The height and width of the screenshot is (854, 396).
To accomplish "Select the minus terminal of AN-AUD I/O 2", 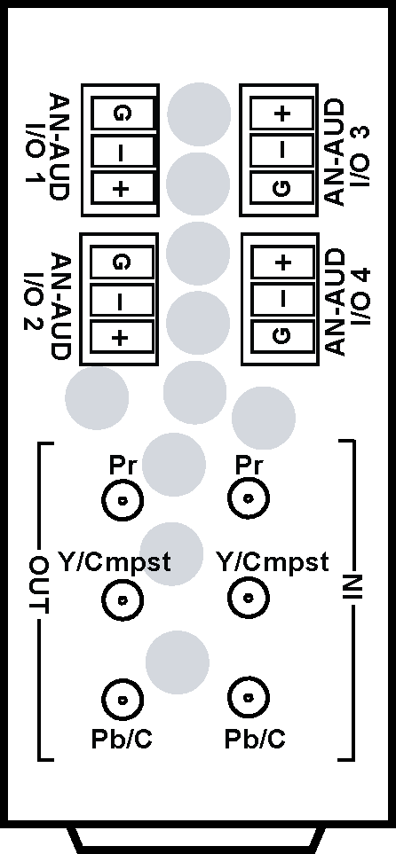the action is click(121, 299).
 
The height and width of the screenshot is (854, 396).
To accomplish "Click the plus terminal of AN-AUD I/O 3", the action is click(282, 114).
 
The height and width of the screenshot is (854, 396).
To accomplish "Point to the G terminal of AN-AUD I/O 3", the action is click(282, 188).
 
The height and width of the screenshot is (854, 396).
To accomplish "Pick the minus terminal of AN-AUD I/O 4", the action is click(282, 299).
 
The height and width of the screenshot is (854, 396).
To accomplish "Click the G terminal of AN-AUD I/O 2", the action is click(121, 262).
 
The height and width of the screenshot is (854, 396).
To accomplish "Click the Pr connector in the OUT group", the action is click(123, 499).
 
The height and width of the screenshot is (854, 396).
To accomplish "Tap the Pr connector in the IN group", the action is click(249, 498).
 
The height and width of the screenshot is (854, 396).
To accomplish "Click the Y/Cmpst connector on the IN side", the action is click(249, 598).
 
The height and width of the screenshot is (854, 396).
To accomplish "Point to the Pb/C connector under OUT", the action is click(123, 699).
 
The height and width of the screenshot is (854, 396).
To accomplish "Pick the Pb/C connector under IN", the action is click(249, 697).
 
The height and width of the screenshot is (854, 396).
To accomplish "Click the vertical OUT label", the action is click(39, 585).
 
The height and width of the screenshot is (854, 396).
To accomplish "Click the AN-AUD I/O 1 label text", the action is click(47, 146).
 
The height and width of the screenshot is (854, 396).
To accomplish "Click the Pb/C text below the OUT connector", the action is click(122, 739).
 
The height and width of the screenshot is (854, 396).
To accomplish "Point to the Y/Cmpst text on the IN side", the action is click(273, 561).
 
